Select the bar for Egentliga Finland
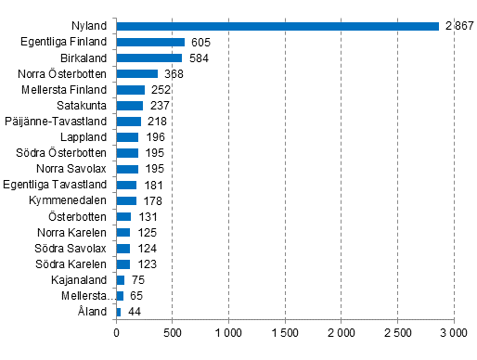(x=150, y=42)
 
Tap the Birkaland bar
(x=148, y=58)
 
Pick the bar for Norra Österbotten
(x=136, y=73)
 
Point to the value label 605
(x=200, y=42)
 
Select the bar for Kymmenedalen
(x=126, y=200)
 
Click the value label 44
(x=134, y=311)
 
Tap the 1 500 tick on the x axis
(x=285, y=331)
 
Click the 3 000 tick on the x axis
(x=454, y=331)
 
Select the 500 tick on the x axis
(x=173, y=331)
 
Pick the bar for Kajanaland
(x=121, y=279)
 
